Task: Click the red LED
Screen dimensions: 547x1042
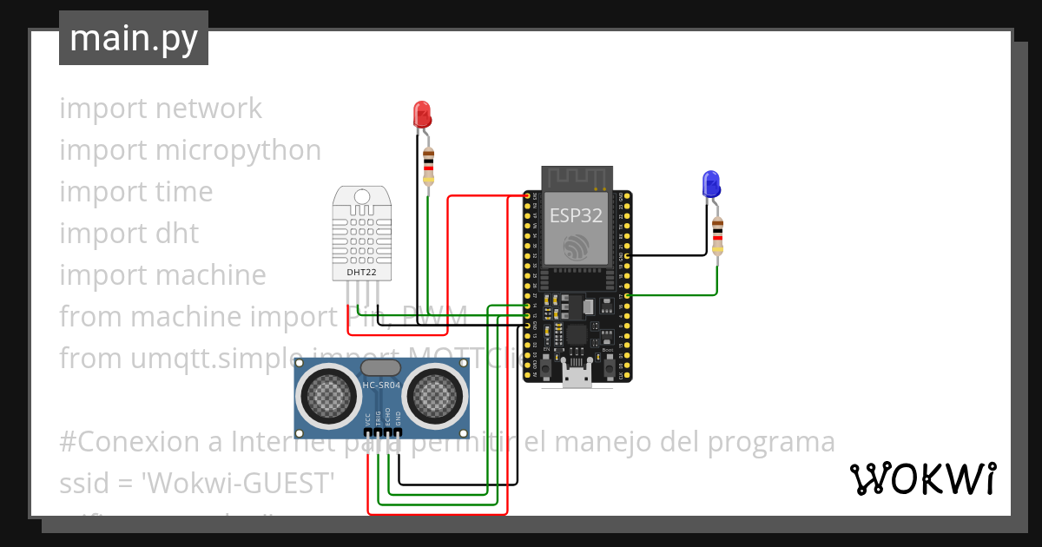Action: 421,115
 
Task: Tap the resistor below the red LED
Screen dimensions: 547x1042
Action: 427,165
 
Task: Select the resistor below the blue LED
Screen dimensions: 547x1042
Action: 717,235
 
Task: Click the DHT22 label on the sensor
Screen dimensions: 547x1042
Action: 362,272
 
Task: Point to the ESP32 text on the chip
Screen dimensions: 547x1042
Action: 576,216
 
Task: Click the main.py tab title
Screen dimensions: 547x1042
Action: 134,38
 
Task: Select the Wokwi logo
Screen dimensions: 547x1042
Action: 922,479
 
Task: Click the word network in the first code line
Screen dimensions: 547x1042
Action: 208,109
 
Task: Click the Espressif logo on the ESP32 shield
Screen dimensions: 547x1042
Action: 576,247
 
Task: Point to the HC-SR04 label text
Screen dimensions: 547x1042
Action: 383,385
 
